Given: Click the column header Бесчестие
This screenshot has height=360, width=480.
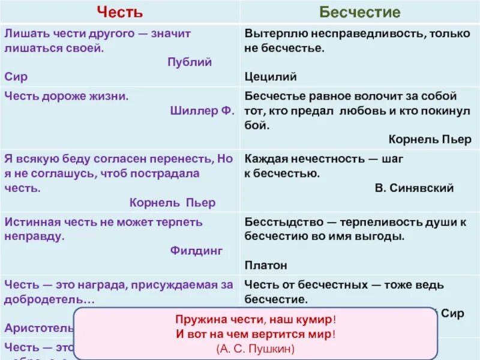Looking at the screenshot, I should tap(360, 12).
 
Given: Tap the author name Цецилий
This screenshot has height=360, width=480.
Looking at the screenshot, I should tap(271, 77).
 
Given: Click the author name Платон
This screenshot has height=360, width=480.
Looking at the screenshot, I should tap(266, 265).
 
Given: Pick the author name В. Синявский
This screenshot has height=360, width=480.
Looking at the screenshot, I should tap(414, 188).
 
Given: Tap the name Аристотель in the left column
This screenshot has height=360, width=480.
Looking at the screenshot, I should tap(38, 328).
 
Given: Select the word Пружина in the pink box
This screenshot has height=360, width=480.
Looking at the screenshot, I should tap(197, 320).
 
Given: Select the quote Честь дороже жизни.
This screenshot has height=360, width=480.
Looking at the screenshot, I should tap(67, 96).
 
